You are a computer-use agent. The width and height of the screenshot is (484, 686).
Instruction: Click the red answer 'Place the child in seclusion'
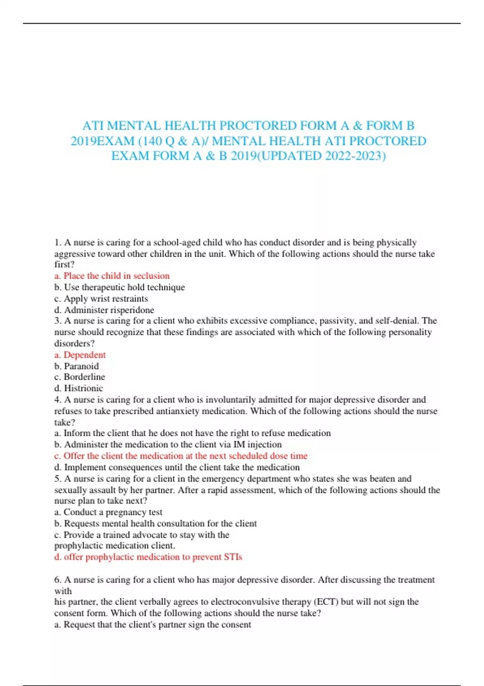point(112,276)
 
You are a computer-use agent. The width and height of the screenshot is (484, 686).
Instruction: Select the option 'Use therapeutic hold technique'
point(120,287)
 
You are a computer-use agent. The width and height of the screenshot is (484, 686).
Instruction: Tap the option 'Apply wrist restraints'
point(101,299)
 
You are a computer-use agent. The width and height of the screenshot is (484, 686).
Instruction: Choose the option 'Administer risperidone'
point(104,310)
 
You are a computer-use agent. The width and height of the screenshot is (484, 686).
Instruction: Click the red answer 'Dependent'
point(80,355)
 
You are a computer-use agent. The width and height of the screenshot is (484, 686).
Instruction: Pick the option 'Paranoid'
point(77,366)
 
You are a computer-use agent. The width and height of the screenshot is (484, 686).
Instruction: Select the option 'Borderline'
point(80,377)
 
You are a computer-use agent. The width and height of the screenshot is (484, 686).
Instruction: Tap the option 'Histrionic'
point(79,388)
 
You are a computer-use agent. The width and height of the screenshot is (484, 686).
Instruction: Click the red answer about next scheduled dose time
point(181,456)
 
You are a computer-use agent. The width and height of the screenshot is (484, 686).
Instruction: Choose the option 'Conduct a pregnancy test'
point(108,512)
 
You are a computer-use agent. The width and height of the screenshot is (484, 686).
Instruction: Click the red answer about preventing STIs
point(148,557)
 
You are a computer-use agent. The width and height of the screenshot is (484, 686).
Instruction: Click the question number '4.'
point(58,400)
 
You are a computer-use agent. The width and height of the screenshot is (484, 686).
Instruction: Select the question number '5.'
point(58,479)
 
